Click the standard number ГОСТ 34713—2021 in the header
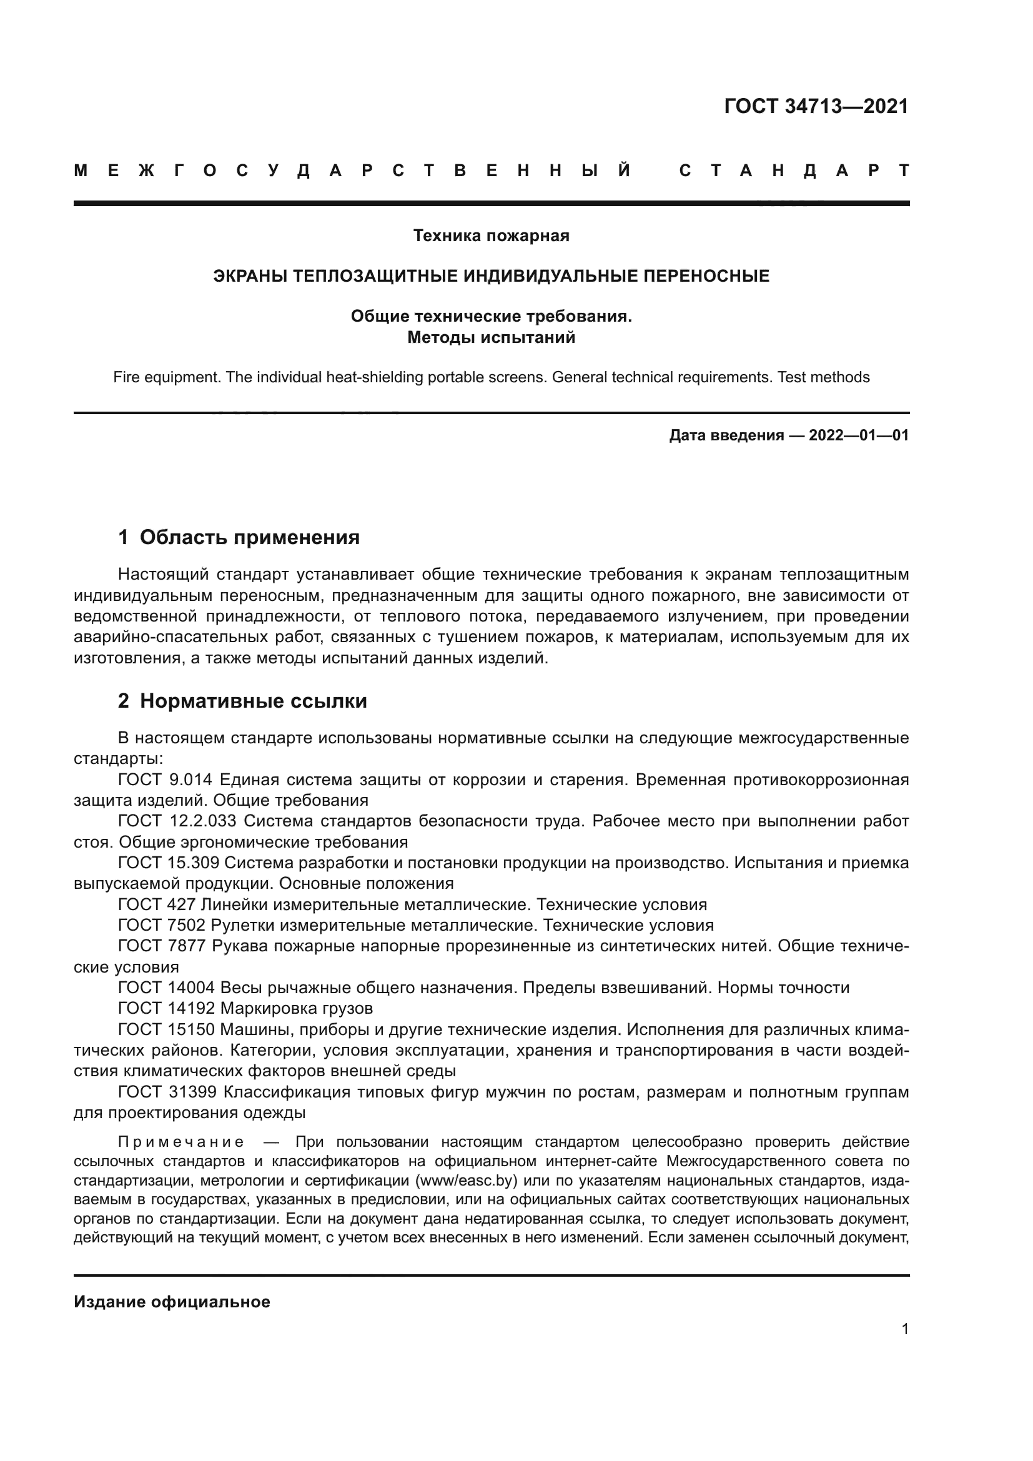816,106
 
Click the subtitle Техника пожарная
491,235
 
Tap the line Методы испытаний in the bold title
491,337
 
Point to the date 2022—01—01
859,435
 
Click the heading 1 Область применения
239,537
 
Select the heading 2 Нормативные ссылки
242,701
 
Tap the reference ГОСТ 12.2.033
178,821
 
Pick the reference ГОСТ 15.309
168,863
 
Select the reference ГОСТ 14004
167,988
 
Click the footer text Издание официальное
172,1302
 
